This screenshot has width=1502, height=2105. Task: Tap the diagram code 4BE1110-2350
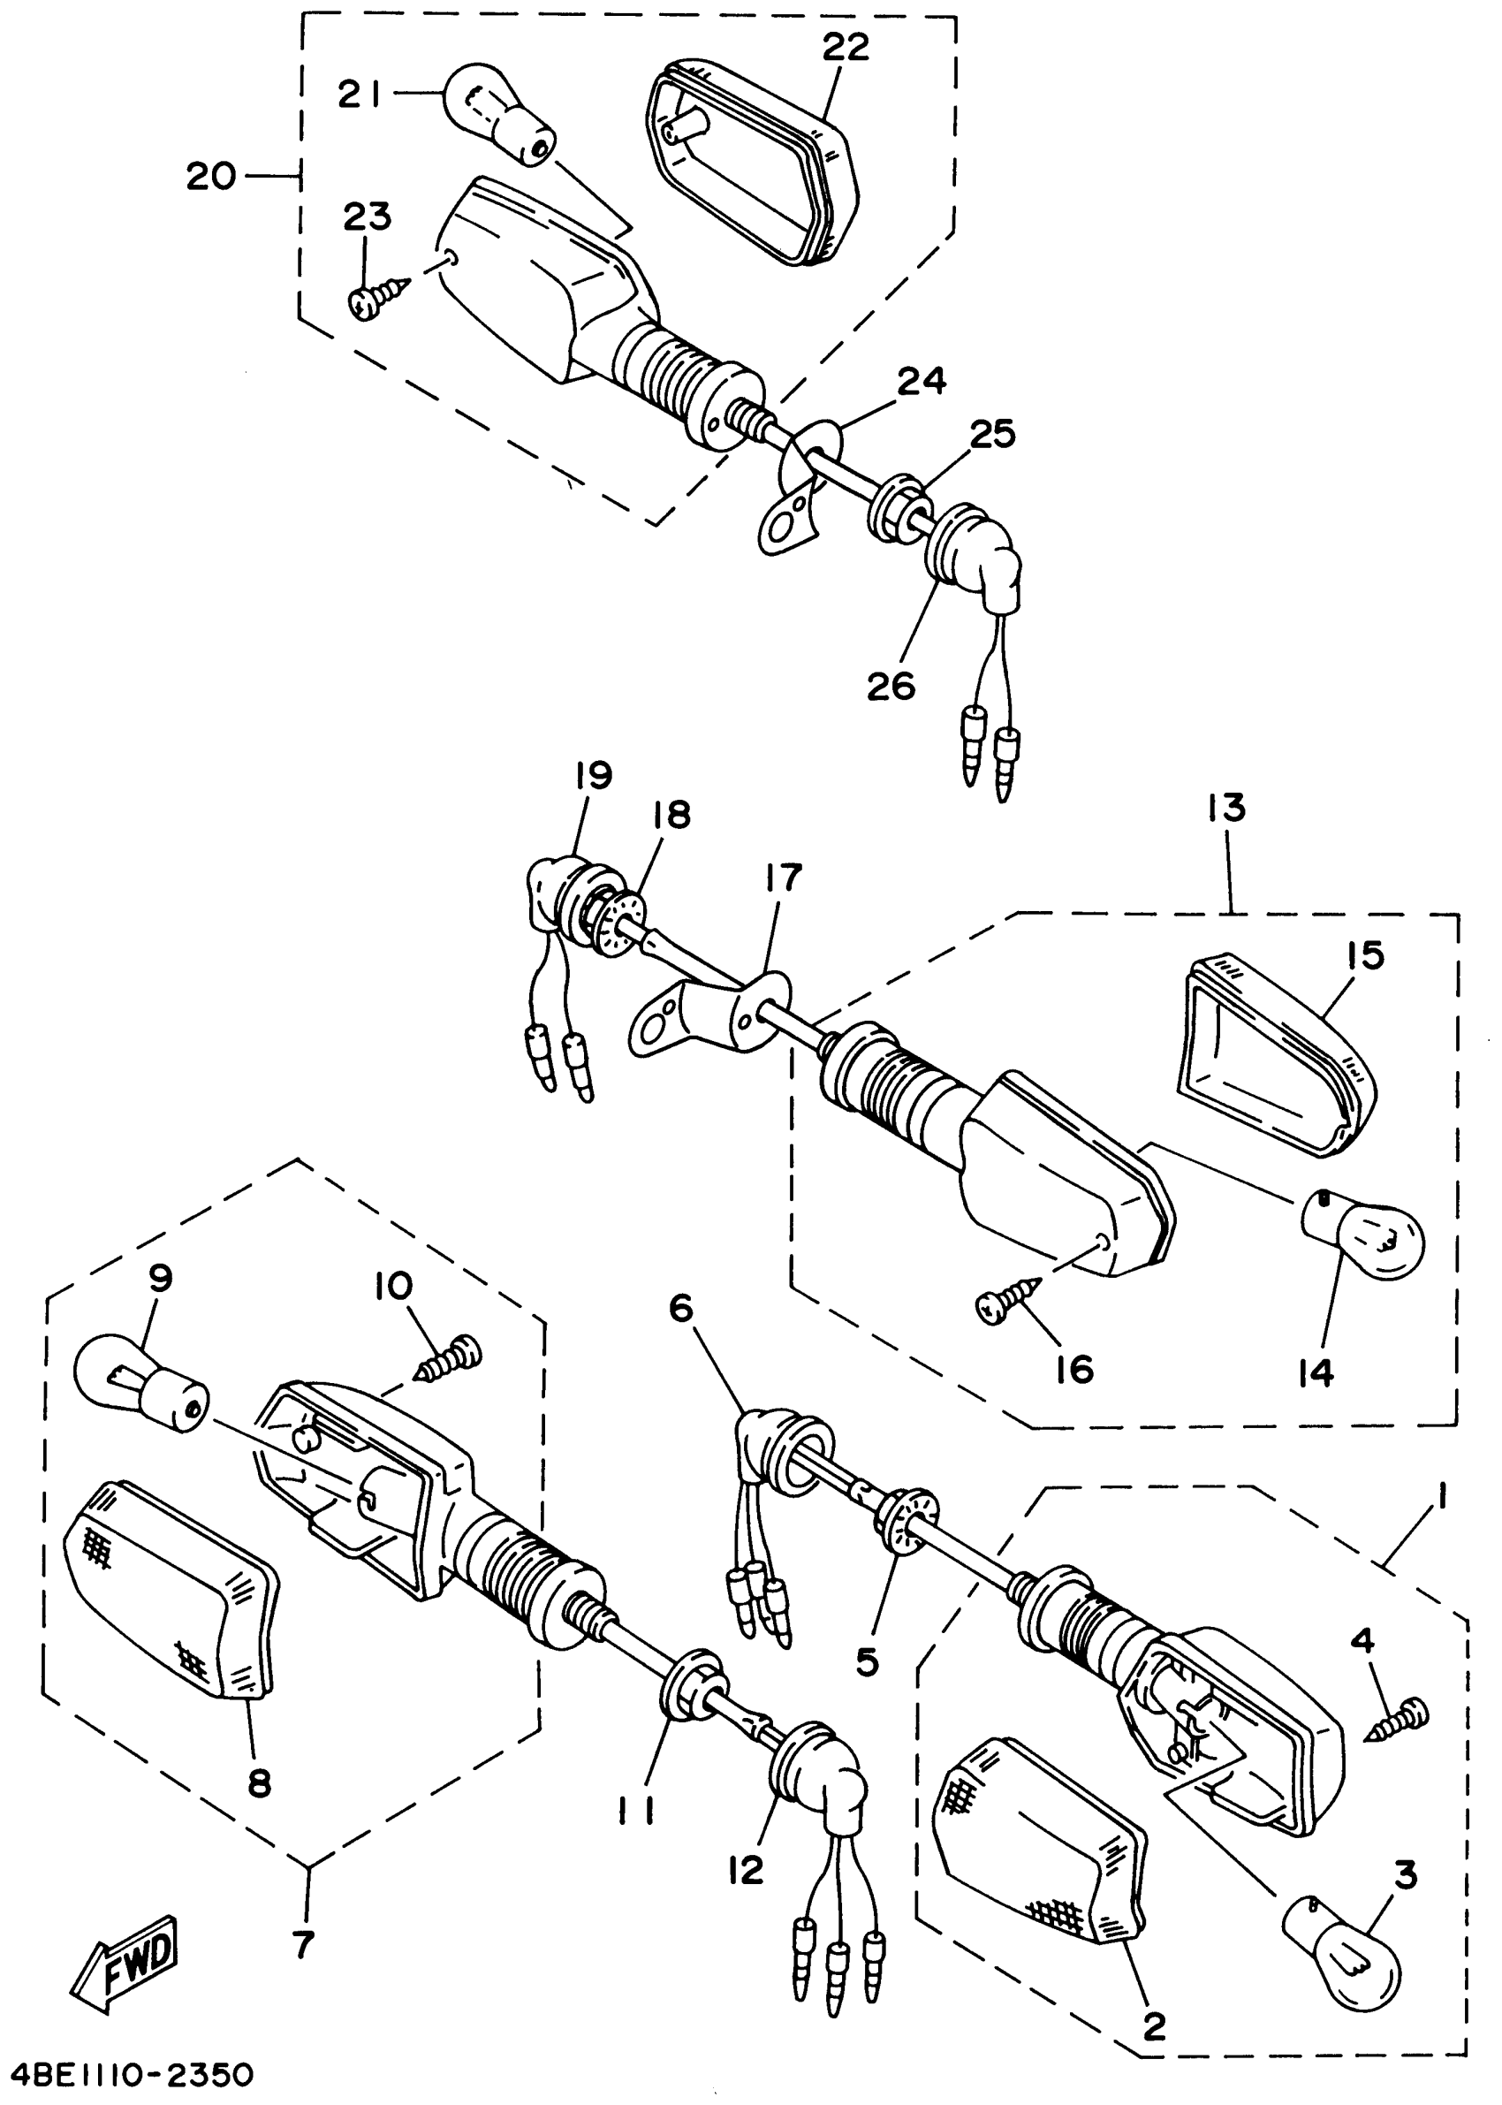pyautogui.click(x=132, y=2074)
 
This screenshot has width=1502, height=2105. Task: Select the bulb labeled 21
pyautogui.click(x=500, y=116)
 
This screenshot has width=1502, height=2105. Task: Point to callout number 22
pyautogui.click(x=846, y=47)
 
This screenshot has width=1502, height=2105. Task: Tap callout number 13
pyautogui.click(x=1225, y=808)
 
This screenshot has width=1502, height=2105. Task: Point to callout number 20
pyautogui.click(x=211, y=176)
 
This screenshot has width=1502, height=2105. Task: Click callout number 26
pyautogui.click(x=890, y=687)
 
